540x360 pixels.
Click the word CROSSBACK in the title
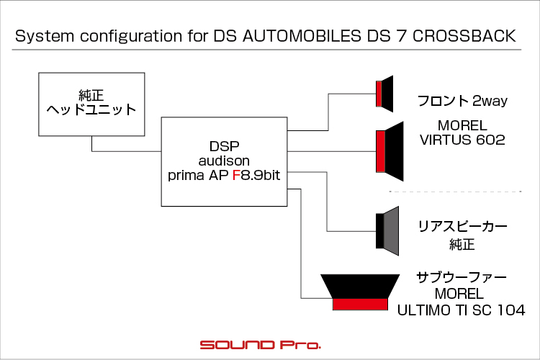(464, 36)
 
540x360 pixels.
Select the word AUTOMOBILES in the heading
(302, 36)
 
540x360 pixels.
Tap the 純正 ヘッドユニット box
(91, 104)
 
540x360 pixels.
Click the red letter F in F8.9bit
(236, 176)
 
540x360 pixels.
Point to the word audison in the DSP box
(224, 161)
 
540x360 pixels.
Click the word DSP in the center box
(224, 146)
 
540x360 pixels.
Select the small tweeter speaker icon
(384, 94)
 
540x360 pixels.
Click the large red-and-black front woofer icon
(390, 151)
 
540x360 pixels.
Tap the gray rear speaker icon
(387, 231)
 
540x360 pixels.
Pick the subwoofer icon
(360, 292)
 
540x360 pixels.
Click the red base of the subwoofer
(360, 304)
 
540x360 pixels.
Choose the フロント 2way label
(462, 101)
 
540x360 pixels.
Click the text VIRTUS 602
(462, 140)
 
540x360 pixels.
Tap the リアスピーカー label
(462, 227)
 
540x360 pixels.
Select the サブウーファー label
(462, 277)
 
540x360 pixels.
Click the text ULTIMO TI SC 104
(461, 310)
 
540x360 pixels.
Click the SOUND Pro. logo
(261, 345)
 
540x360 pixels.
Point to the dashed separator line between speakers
(455, 192)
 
